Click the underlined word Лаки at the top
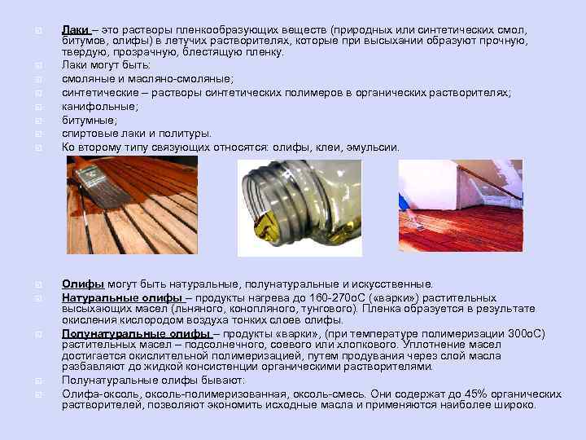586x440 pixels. (x=75, y=29)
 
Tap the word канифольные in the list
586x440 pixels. (x=99, y=106)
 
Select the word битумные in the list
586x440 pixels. (x=89, y=120)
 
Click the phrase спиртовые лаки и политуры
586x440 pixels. (x=137, y=133)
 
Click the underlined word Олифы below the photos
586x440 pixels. (x=82, y=284)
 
